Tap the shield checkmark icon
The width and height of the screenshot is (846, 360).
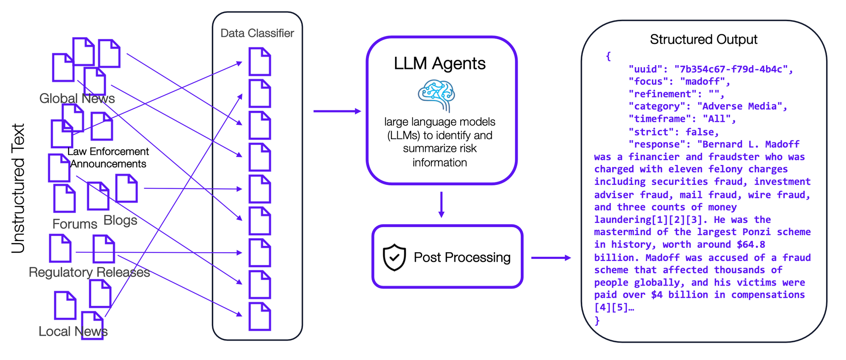(x=394, y=257)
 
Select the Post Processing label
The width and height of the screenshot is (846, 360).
(x=462, y=257)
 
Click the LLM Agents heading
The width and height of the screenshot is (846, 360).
(x=439, y=63)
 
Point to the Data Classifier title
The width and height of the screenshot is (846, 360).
(x=257, y=33)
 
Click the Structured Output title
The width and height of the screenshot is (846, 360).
(x=703, y=39)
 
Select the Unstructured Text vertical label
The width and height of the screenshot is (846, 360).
(x=18, y=188)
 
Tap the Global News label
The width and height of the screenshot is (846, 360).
(x=77, y=99)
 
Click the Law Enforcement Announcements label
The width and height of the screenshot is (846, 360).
(x=108, y=157)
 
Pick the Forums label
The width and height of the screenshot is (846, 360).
(x=75, y=224)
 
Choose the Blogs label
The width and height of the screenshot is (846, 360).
(x=120, y=220)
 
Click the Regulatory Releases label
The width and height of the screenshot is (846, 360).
(x=89, y=272)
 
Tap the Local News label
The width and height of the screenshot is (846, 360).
(x=73, y=331)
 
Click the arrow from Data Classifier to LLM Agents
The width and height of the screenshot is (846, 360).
(x=337, y=111)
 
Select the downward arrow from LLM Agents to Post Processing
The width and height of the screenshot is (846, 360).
(x=441, y=205)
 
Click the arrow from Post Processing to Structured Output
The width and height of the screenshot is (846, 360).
(x=551, y=258)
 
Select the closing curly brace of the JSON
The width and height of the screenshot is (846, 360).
(x=597, y=320)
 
